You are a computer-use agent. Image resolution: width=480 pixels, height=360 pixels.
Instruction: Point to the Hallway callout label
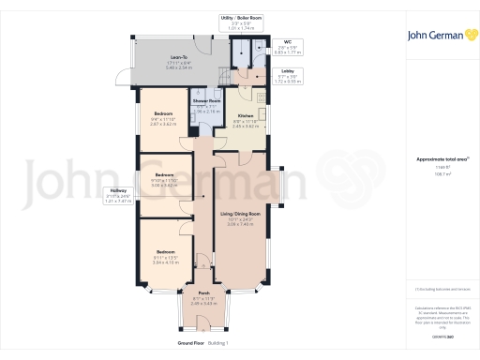point(115,195)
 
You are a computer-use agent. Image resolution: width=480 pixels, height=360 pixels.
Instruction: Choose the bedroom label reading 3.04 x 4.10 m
point(165,256)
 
